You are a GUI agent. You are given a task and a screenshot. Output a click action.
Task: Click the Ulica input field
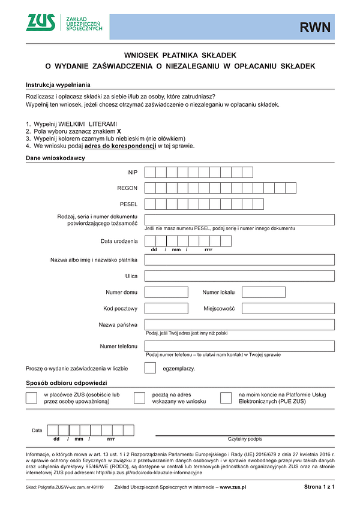(x=239, y=276)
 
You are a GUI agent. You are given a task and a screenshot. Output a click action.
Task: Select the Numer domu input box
(x=166, y=292)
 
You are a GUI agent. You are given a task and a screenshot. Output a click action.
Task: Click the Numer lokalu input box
(x=263, y=292)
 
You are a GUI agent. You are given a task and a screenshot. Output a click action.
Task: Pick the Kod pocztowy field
(x=166, y=308)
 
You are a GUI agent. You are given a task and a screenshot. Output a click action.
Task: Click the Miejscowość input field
(x=287, y=308)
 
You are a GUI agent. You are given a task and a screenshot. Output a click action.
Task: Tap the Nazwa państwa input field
(x=239, y=324)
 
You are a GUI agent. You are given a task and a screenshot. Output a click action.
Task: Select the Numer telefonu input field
(x=239, y=346)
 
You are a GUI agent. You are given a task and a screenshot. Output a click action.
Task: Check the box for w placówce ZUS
(x=31, y=398)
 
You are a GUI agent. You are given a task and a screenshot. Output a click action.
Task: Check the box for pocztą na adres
(x=139, y=398)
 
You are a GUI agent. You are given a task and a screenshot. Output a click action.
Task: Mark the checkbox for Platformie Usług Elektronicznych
(x=226, y=398)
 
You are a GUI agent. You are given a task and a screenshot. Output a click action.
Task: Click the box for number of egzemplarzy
(x=151, y=368)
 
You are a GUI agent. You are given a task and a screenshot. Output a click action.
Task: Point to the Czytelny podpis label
(x=245, y=439)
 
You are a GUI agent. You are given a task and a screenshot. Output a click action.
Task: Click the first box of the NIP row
(x=150, y=172)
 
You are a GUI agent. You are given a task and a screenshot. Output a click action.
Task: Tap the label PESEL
(x=129, y=204)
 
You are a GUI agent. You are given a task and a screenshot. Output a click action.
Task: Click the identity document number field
(x=239, y=219)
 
